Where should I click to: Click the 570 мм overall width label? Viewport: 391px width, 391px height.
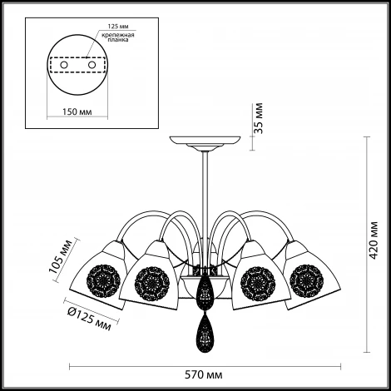[204, 375]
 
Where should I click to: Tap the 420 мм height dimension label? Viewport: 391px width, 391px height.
[374, 240]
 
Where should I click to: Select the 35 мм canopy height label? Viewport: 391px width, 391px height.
[258, 118]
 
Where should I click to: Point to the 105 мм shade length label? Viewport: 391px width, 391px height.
[60, 256]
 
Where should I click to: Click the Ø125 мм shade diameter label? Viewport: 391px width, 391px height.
[89, 319]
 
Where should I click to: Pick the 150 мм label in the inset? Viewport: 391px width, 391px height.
[77, 111]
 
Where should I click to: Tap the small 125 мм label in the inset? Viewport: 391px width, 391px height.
[118, 27]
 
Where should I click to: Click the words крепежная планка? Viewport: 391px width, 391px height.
[118, 37]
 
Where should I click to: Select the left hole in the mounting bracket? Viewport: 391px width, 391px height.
[64, 65]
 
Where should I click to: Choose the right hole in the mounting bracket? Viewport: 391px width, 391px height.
[92, 65]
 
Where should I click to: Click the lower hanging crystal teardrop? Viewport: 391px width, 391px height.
[205, 334]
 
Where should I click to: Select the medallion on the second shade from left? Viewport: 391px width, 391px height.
[152, 284]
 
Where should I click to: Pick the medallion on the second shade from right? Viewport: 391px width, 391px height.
[258, 284]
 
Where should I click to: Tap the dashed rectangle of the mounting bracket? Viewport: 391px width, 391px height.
[77, 65]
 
